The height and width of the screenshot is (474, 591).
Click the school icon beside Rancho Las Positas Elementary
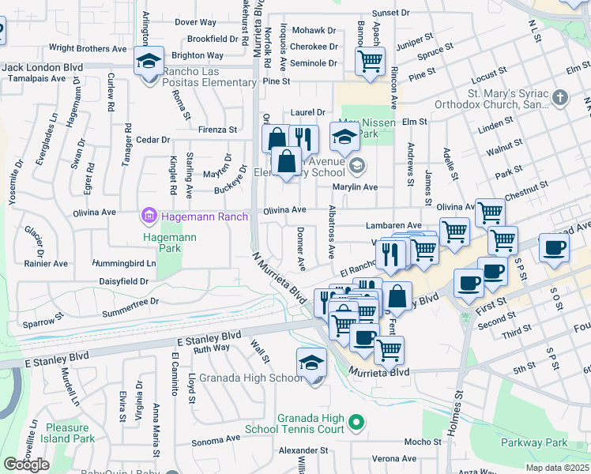pos(148,61)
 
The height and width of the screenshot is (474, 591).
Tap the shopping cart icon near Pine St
pos(369,60)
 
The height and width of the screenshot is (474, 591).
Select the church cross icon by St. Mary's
pos(559,99)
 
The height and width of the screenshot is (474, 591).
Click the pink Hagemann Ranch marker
pos(148,214)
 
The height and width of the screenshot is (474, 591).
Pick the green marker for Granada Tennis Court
pos(356,423)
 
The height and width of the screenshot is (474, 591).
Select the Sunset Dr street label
pos(391,13)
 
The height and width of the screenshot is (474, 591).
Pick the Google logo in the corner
pos(26,464)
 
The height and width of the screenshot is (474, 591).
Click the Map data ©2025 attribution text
pos(556,468)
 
